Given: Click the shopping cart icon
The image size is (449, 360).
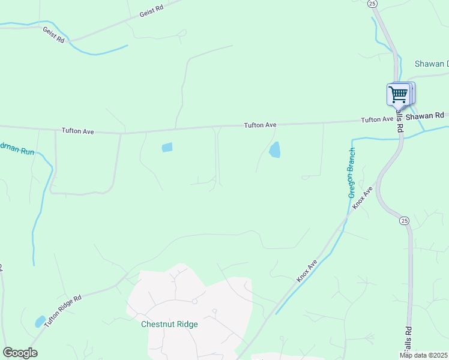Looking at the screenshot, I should point(398,94).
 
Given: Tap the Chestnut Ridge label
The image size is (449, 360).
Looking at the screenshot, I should point(169,324).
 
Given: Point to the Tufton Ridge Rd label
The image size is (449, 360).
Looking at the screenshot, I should point(61,306).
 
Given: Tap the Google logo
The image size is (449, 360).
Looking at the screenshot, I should point(20,353).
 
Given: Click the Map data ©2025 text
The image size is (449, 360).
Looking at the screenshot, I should point(424,355).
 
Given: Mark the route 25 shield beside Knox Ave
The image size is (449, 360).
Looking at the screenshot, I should point(405,221).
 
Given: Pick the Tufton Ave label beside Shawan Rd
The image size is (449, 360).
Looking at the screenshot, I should point(377,119).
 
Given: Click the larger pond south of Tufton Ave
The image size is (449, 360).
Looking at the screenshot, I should point(274,150).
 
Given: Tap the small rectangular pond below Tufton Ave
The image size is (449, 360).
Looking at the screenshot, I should point(167,147).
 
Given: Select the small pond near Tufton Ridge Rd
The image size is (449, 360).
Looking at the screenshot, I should point(40,322).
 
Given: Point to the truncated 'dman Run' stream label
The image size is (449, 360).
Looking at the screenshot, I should point(17,151).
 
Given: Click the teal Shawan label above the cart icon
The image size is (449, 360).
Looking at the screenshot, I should point(432,64).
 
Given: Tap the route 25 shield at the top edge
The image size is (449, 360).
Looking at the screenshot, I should point(373,4).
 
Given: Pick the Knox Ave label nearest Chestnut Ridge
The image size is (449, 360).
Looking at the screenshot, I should point(307,272).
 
